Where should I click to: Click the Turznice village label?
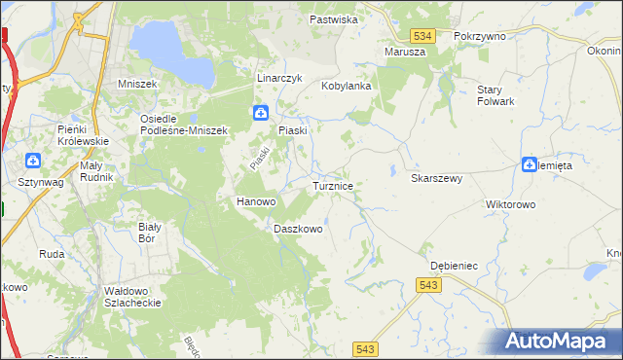tap(339, 185)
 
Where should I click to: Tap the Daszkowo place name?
tap(298, 229)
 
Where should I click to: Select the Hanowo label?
tap(257, 201)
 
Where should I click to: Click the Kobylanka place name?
tap(348, 86)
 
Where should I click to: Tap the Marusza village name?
tap(405, 52)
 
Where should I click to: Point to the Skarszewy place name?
tap(436, 179)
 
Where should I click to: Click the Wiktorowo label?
tap(511, 205)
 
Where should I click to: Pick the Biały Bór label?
tap(148, 232)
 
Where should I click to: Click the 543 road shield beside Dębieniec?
tap(428, 284)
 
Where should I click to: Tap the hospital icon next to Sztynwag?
tap(33, 161)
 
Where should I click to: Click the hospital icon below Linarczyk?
tap(261, 113)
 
